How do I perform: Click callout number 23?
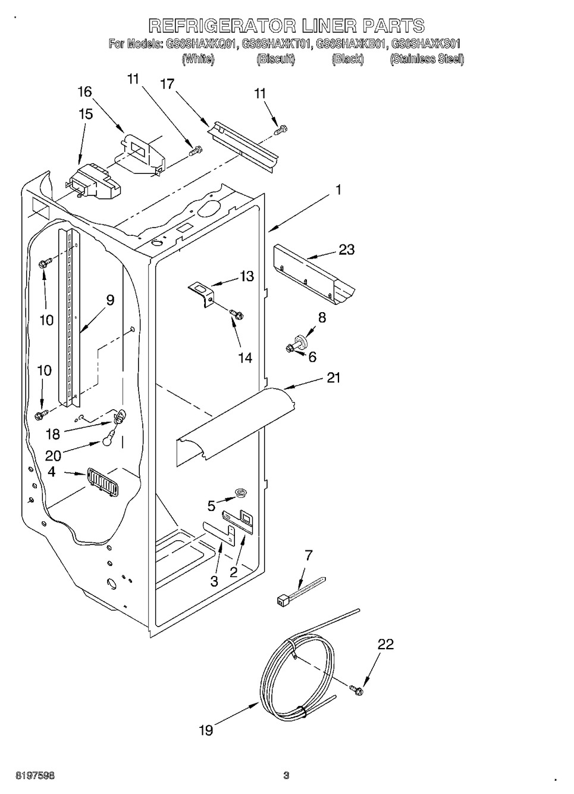coord(346,250)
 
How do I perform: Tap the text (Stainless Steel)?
coord(426,59)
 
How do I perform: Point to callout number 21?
coord(334,377)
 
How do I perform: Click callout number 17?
coord(167,84)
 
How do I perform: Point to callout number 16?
coord(85,91)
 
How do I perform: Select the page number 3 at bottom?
coord(286,776)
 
